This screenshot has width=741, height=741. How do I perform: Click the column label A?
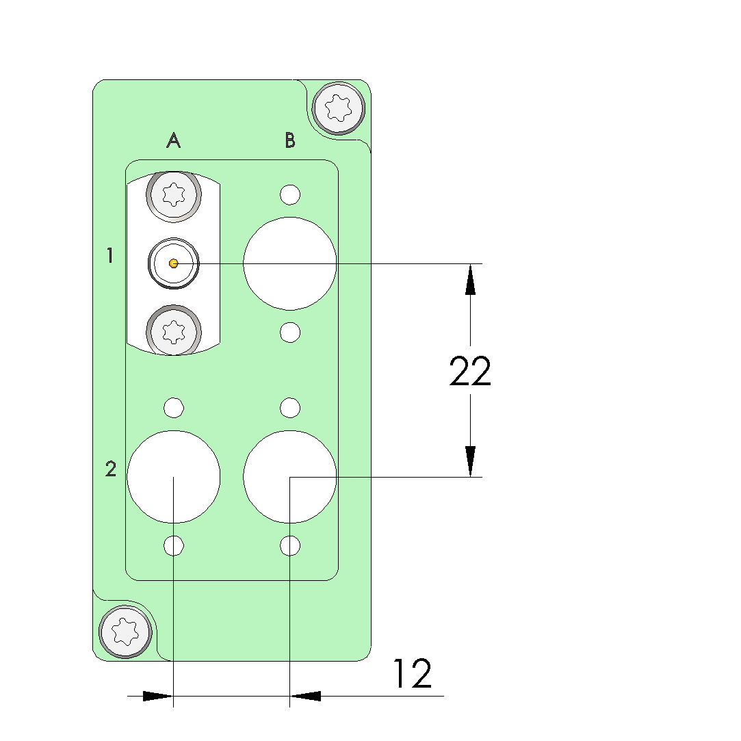point(173,140)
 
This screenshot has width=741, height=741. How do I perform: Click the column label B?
point(290,140)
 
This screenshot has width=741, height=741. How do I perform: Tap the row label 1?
point(110,255)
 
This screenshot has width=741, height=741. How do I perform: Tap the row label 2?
point(111,469)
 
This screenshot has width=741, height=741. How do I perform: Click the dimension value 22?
point(470,371)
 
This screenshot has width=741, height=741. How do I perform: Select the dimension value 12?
point(413,673)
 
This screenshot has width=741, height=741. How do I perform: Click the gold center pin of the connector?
point(173,263)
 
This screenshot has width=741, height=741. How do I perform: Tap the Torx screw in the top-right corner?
point(339,108)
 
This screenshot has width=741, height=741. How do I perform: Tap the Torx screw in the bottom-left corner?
point(125,632)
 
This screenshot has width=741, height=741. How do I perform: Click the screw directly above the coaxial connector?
point(174,195)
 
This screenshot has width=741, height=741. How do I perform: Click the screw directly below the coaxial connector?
point(174,330)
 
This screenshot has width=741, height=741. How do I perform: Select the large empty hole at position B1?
point(289,263)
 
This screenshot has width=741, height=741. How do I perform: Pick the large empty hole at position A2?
point(173,477)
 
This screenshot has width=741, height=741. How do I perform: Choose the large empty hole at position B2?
point(289,477)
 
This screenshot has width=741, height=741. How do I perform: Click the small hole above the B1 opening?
point(290,195)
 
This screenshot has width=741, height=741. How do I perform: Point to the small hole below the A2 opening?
point(174,546)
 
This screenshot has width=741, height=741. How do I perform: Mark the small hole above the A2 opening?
point(174,408)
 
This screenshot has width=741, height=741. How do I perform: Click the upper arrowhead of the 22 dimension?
point(470,279)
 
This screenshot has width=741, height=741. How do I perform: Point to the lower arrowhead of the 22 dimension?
point(470,461)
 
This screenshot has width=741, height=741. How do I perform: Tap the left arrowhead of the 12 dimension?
point(158,696)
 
